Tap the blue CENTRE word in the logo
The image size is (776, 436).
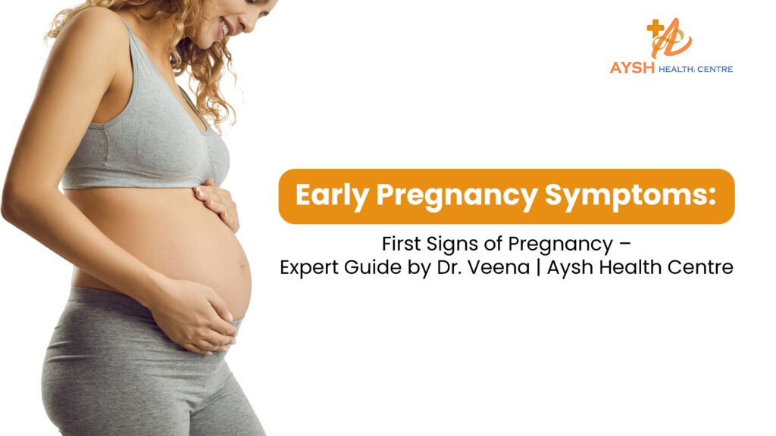pyautogui.click(x=715, y=69)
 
